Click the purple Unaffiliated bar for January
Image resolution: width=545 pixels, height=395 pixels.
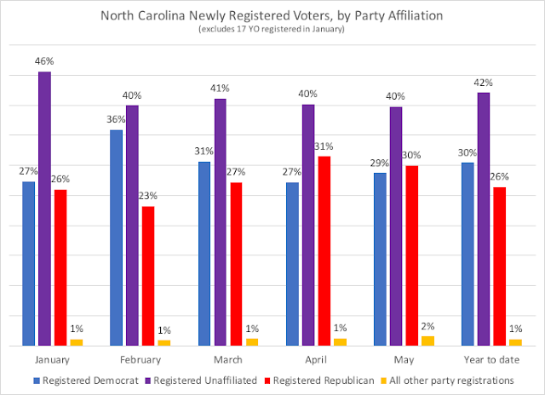coord(44,209)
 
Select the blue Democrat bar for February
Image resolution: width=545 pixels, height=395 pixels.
coord(116,238)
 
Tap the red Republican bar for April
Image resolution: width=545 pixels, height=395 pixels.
coord(324,251)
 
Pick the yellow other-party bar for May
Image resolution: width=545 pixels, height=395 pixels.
coord(427,341)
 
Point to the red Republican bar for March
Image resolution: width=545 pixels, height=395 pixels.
coord(236,264)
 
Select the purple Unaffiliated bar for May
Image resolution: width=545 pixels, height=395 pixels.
coord(396,226)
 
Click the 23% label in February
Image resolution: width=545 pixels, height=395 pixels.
coord(148,197)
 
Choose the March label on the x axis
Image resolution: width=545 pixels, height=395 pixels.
coord(221,360)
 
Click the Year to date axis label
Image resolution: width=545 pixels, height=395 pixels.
coord(485,360)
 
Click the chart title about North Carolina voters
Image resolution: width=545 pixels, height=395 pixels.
coord(272,15)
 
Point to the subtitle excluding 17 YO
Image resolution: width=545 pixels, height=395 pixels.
coord(272,30)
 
